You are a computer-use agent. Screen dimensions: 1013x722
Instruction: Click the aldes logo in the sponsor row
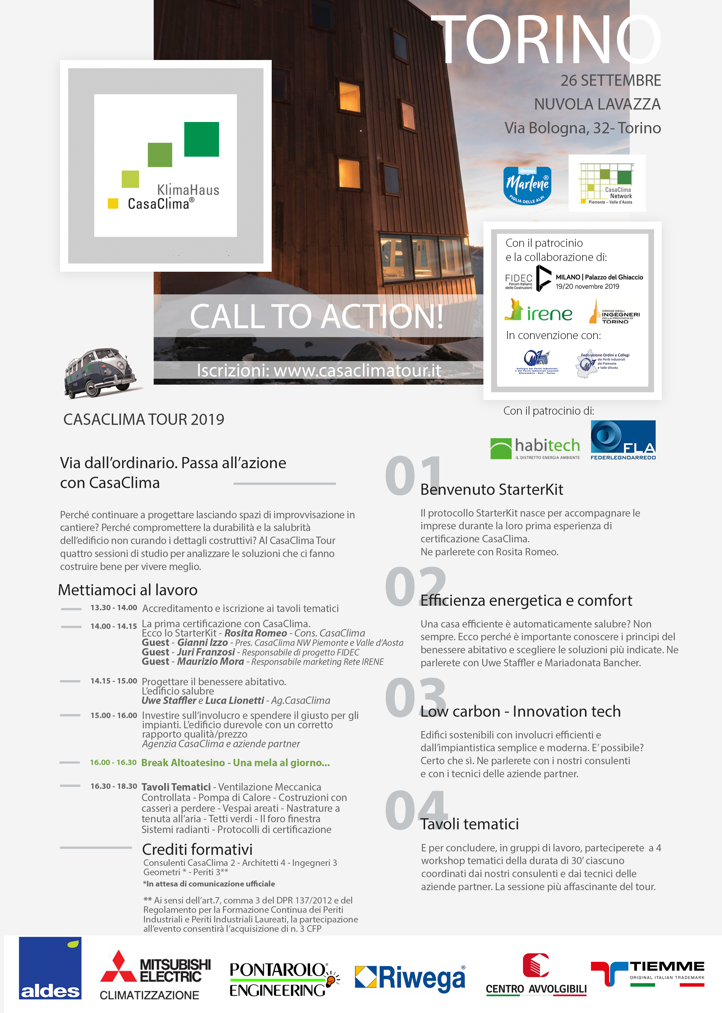coord(50,968)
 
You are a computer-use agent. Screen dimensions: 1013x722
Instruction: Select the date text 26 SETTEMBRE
coord(610,80)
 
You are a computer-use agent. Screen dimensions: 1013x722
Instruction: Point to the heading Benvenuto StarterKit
coord(492,489)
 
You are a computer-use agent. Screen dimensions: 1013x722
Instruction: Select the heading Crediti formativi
coord(197,849)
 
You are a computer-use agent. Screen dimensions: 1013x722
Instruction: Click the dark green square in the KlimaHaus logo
coord(202,139)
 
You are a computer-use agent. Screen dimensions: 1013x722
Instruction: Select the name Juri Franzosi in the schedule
coord(206,652)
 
